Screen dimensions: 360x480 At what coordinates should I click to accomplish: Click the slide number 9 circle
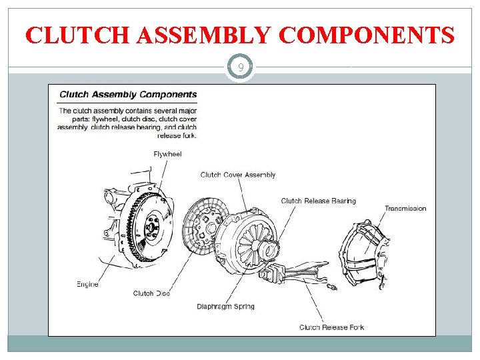[x=240, y=67]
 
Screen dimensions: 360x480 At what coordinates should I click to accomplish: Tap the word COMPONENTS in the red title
[x=367, y=35]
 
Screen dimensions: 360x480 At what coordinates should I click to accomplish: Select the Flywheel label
[x=167, y=154]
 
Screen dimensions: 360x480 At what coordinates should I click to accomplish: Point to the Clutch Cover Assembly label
[x=237, y=175]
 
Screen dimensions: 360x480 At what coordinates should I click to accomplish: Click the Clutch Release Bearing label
[x=318, y=201]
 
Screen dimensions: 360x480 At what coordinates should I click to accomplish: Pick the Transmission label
[x=405, y=209]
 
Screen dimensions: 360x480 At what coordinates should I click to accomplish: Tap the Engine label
[x=87, y=284]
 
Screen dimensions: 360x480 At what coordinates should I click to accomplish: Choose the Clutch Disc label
[x=152, y=293]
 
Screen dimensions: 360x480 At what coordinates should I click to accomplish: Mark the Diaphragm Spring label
[x=225, y=307]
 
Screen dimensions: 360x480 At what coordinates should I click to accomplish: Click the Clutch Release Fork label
[x=331, y=327]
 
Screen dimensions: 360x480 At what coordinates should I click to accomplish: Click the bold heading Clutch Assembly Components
[x=128, y=95]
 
